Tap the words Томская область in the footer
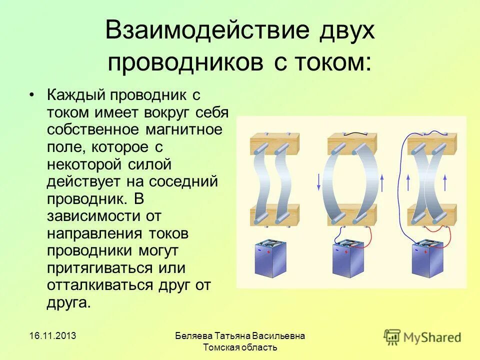click(240, 347)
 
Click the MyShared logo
click(422, 336)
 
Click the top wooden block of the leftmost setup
click(274, 143)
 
